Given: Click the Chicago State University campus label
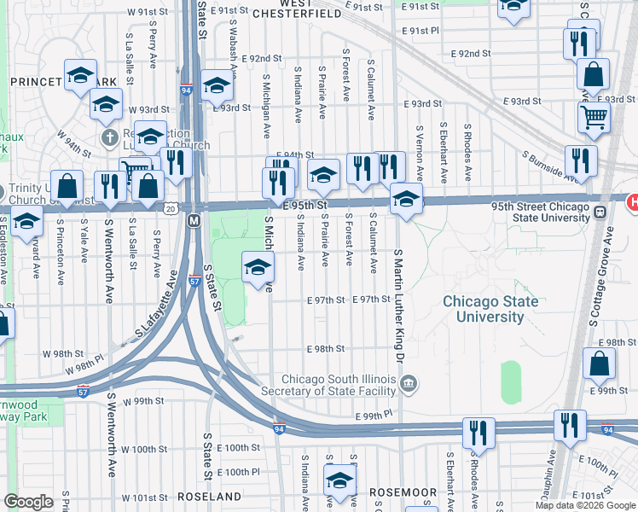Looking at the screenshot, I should pyautogui.click(x=490, y=309).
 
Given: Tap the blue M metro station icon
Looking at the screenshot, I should pyautogui.click(x=194, y=221).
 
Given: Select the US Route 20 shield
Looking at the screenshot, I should pyautogui.click(x=171, y=208).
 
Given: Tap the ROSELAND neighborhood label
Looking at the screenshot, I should pyautogui.click(x=210, y=496).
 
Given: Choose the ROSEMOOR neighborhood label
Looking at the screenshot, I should pyautogui.click(x=403, y=493).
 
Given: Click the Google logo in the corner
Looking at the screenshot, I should pyautogui.click(x=29, y=502).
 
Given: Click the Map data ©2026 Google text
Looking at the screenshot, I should pyautogui.click(x=584, y=505).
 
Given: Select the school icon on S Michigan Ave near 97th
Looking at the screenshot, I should pyautogui.click(x=258, y=269).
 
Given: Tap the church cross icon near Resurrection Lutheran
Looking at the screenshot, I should pyautogui.click(x=108, y=137).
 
